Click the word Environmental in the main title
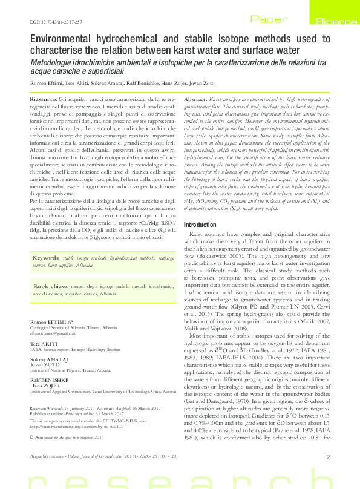[66, 40]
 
